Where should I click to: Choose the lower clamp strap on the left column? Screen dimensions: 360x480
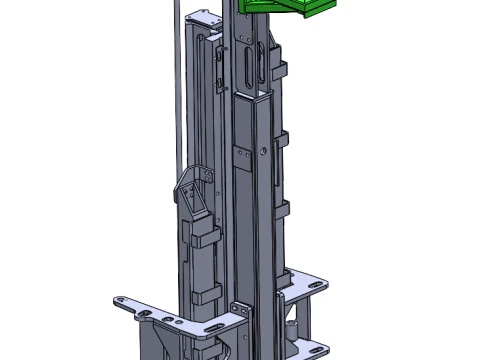[x=206, y=293]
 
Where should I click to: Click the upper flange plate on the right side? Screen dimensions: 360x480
[x=305, y=285]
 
